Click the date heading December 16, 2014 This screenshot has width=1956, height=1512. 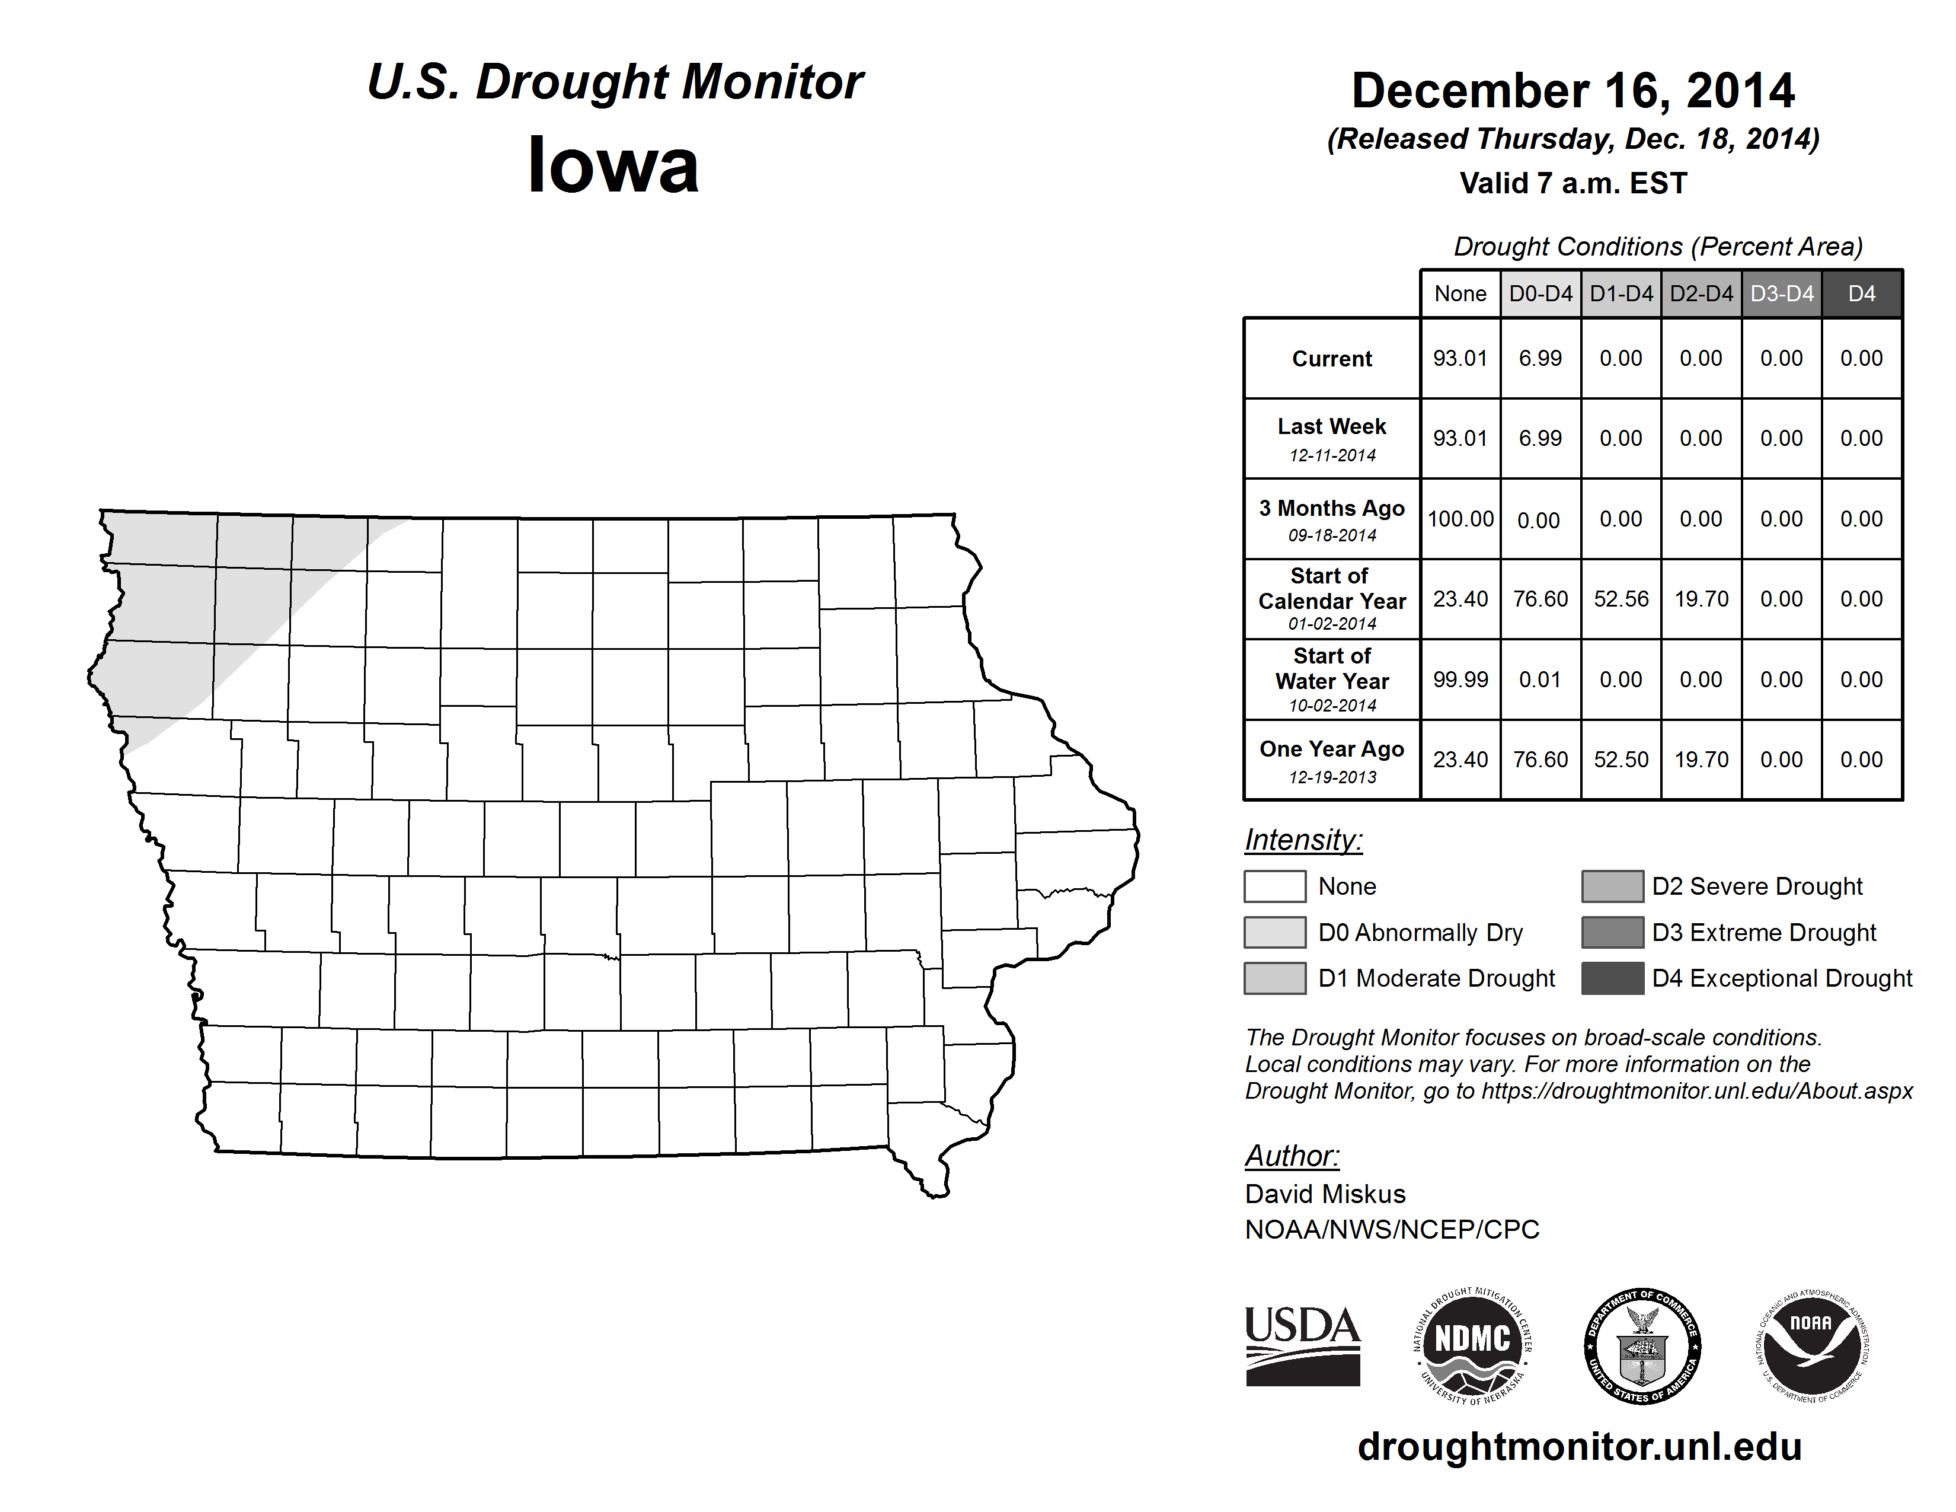pyautogui.click(x=1573, y=91)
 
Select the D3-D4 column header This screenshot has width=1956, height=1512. pyautogui.click(x=1781, y=294)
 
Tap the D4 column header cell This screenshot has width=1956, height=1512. pyautogui.click(x=1861, y=294)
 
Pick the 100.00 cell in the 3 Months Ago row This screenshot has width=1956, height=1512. pyautogui.click(x=1460, y=519)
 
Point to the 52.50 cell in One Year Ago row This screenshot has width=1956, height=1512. pyautogui.click(x=1620, y=760)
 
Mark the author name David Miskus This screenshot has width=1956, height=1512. pyautogui.click(x=1325, y=1194)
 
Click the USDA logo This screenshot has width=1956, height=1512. pyautogui.click(x=1302, y=1345)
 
